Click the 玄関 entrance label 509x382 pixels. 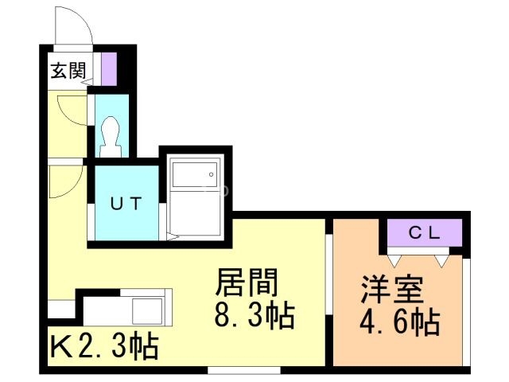(68, 70)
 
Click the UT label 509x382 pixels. (125, 203)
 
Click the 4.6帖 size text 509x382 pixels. (398, 323)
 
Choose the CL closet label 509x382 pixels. (425, 232)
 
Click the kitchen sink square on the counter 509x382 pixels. (149, 306)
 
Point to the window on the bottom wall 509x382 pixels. (243, 370)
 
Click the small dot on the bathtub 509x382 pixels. (210, 173)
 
